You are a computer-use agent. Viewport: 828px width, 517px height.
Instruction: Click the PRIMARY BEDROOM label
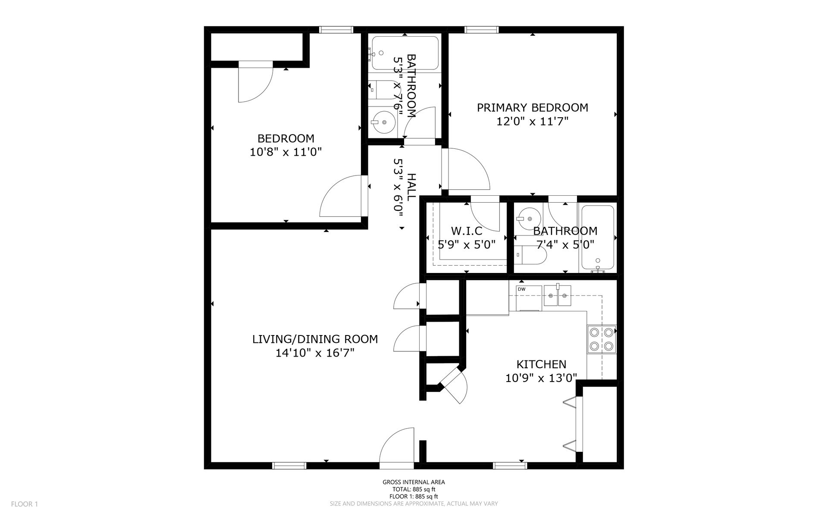click(532, 107)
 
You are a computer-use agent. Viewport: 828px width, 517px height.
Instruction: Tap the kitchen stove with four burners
click(602, 339)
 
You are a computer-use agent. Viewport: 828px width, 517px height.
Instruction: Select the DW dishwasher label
click(521, 289)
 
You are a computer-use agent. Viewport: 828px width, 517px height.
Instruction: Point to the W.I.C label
click(466, 231)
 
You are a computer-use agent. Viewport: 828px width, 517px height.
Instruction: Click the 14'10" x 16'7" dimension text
click(315, 353)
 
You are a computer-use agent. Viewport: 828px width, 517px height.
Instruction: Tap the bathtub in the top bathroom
click(405, 53)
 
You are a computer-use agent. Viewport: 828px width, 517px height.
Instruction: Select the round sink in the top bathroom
click(383, 122)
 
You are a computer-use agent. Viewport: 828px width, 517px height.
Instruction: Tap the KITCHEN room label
click(541, 364)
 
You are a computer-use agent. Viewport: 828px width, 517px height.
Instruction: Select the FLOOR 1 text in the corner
click(25, 504)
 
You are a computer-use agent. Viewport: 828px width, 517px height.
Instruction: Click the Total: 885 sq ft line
click(414, 489)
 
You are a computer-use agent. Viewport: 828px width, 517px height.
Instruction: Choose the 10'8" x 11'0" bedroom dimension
click(286, 152)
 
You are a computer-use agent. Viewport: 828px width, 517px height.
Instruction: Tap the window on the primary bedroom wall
click(481, 30)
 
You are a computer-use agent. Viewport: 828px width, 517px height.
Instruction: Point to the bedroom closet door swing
click(256, 82)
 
